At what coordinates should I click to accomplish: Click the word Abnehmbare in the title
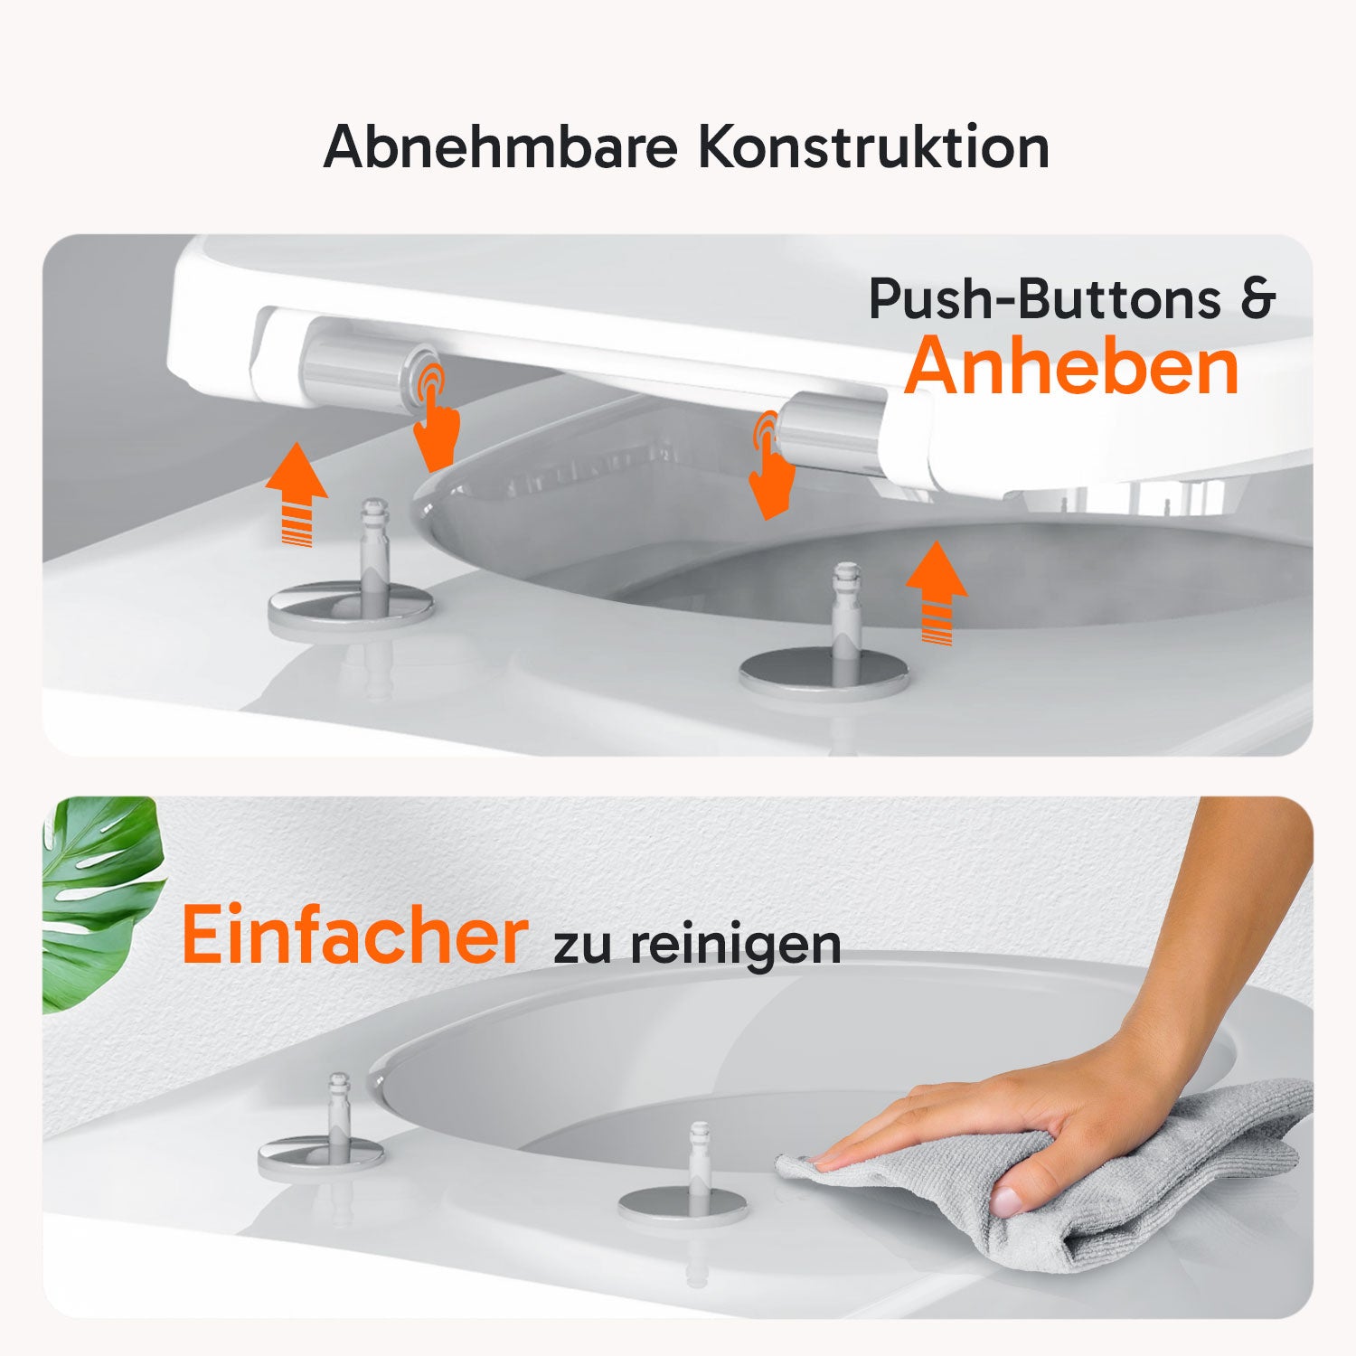pos(501,146)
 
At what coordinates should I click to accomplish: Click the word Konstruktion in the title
pos(873,146)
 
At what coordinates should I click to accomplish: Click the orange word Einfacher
pos(354,935)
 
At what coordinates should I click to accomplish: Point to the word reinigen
pos(736,946)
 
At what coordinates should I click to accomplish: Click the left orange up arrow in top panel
pos(297,494)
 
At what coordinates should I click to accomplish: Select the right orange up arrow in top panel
pos(937,592)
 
